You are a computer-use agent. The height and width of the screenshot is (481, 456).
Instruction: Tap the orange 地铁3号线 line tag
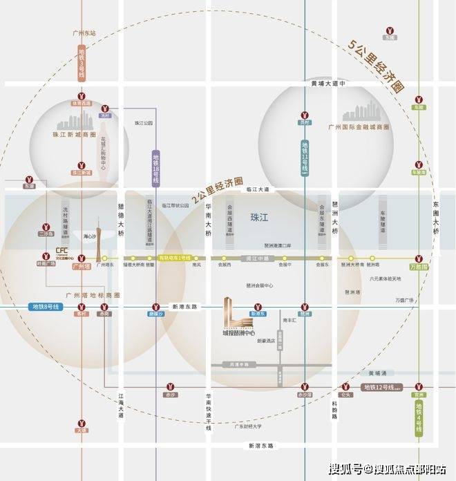(82, 61)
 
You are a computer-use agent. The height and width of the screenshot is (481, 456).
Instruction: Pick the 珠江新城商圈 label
(69, 135)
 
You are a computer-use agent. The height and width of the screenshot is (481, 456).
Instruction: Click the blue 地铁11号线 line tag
(305, 160)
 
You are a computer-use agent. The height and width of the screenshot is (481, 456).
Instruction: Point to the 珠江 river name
(259, 217)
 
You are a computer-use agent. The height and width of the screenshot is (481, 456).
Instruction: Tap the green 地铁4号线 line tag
(419, 417)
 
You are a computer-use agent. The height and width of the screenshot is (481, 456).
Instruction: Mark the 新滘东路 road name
(261, 446)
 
